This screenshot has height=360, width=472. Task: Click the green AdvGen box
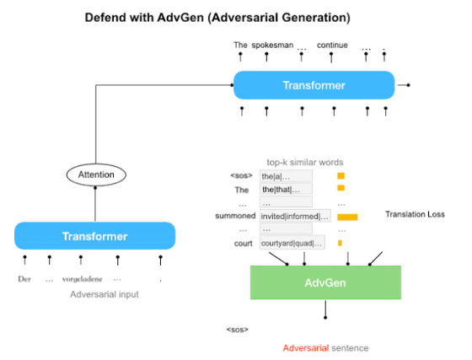click(325, 282)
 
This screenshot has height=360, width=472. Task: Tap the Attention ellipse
click(96, 175)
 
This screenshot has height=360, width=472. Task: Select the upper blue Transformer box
click(314, 85)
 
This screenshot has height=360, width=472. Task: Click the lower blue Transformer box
click(94, 236)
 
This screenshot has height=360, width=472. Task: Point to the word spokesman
click(272, 46)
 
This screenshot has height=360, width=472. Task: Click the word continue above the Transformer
click(332, 46)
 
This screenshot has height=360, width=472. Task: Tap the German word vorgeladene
click(83, 279)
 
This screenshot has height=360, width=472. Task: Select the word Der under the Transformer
click(24, 279)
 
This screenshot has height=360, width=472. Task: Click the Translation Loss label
click(415, 214)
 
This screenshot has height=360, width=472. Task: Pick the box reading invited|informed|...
click(295, 216)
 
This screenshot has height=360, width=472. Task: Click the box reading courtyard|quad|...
click(292, 243)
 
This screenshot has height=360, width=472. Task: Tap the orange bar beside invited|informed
click(347, 217)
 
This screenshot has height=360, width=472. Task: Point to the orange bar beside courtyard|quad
click(340, 243)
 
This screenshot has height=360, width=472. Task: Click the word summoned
click(235, 216)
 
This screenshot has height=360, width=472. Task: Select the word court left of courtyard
click(244, 243)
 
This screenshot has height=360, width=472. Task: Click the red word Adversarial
click(305, 348)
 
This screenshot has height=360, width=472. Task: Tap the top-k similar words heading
click(305, 163)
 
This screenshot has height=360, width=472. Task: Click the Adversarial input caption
click(105, 294)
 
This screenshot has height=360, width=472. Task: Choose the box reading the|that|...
click(286, 189)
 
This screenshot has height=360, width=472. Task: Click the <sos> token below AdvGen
click(238, 330)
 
